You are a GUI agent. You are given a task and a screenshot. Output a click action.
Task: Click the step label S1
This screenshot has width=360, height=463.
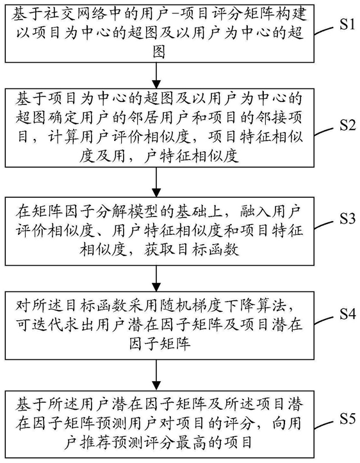point(347,25)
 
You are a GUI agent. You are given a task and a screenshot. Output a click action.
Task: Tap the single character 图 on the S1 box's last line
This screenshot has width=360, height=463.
point(159,52)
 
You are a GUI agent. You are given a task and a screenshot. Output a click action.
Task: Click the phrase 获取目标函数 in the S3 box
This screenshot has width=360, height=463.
point(192,250)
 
